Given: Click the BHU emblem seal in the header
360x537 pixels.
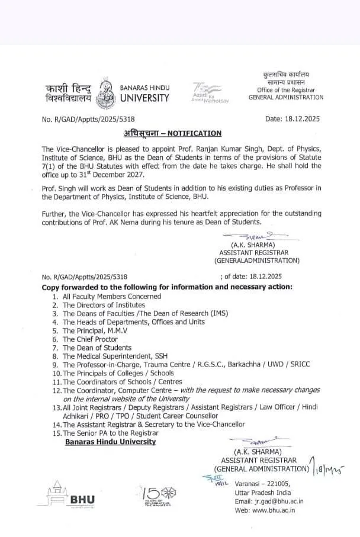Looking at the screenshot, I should coord(105,92).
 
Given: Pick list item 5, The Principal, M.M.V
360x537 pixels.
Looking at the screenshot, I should coord(92,330).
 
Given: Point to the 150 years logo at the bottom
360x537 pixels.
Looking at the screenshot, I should coord(158,497).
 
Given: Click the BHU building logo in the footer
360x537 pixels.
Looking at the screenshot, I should coord(65,495).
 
